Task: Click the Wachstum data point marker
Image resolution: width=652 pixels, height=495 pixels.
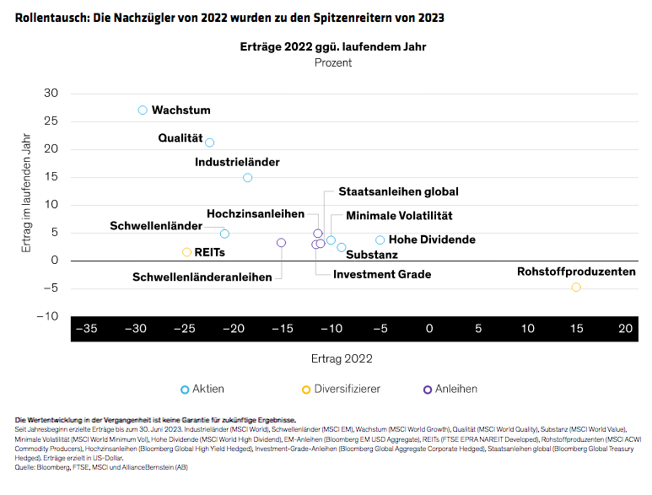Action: click(143, 110)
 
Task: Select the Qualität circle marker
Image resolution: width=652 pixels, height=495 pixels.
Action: click(210, 143)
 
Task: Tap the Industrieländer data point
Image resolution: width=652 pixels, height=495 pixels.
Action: click(247, 178)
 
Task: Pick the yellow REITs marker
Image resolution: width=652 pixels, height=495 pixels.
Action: click(187, 252)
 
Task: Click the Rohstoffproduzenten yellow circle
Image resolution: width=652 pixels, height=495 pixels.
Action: click(576, 288)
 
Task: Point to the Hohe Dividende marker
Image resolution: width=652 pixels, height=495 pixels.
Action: click(380, 240)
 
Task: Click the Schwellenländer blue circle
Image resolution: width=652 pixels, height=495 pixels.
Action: click(224, 234)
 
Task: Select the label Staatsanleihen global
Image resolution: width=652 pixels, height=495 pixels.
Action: click(398, 192)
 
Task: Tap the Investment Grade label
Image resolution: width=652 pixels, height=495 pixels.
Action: click(381, 274)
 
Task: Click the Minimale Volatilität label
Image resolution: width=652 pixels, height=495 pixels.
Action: click(399, 216)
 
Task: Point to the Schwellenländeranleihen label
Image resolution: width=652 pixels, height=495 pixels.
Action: click(202, 277)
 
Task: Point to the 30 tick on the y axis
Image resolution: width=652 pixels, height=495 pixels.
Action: click(51, 93)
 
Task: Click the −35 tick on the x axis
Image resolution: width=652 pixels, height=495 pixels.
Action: click(86, 328)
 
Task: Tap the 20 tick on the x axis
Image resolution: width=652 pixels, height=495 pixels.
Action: click(625, 328)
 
